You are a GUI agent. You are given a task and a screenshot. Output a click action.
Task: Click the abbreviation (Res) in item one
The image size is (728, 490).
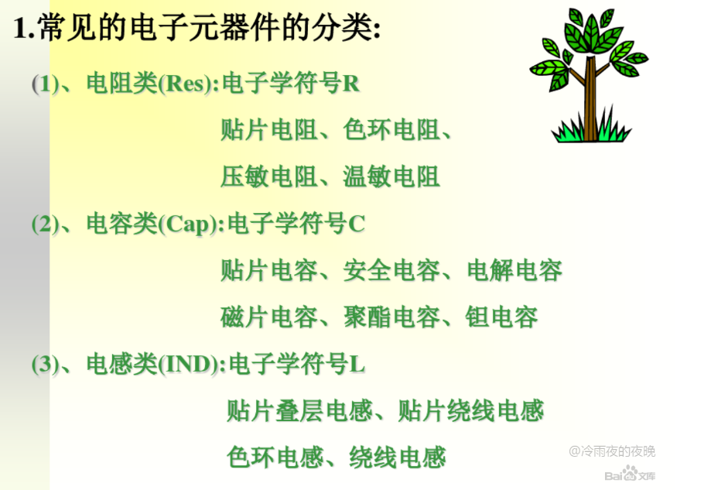point(186,84)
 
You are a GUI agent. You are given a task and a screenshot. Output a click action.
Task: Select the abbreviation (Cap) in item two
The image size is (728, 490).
point(188,224)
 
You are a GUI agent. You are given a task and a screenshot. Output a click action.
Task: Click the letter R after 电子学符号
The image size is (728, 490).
point(351,84)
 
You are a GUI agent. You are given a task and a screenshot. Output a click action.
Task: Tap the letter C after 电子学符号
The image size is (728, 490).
point(356,224)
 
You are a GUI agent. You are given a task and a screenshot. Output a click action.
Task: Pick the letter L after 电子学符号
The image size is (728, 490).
point(357,364)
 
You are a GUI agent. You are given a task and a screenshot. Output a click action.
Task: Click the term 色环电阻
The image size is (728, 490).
point(391,130)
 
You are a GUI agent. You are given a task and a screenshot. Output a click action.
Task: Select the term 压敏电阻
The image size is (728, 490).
point(268,177)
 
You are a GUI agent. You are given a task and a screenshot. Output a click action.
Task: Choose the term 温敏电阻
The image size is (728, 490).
point(391,177)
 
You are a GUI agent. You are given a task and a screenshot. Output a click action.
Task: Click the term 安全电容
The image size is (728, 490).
point(391,270)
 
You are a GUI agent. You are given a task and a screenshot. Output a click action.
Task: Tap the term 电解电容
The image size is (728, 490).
point(514,270)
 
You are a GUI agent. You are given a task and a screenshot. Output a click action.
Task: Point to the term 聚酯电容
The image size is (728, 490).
point(391,317)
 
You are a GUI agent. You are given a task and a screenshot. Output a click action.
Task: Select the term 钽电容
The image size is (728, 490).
point(501,317)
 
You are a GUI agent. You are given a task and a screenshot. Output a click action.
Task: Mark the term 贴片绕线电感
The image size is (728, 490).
point(471,411)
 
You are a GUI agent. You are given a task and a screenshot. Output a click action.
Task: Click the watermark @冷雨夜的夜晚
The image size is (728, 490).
point(612,451)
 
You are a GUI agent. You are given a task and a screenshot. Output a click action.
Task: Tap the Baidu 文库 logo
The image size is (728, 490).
point(630,475)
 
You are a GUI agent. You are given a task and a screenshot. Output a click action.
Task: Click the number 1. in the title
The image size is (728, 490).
point(24,28)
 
